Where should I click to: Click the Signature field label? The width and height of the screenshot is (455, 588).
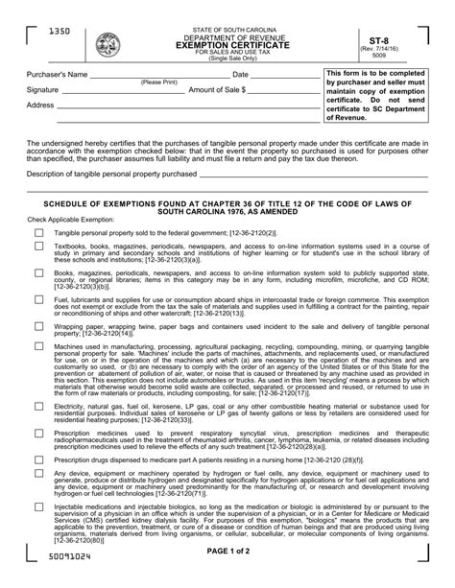click(43, 89)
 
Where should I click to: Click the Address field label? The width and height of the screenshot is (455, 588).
click(41, 105)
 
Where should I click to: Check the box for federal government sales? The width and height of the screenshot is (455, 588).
click(38, 233)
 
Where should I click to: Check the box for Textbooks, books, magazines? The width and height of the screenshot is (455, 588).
click(38, 247)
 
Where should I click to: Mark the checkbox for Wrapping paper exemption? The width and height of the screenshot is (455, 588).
click(38, 327)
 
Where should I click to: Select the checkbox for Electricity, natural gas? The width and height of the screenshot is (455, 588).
click(38, 407)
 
